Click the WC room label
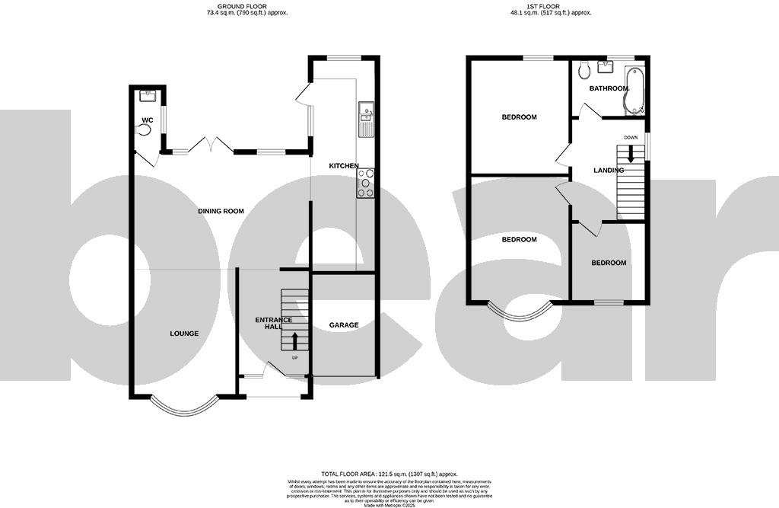148,119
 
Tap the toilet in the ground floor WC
143,130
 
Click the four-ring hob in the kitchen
366,183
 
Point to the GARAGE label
344,324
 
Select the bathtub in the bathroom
633,90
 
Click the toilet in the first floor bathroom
584,72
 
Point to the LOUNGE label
184,334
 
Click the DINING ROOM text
221,211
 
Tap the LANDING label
609,171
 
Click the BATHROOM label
609,88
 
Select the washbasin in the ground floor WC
148,96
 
